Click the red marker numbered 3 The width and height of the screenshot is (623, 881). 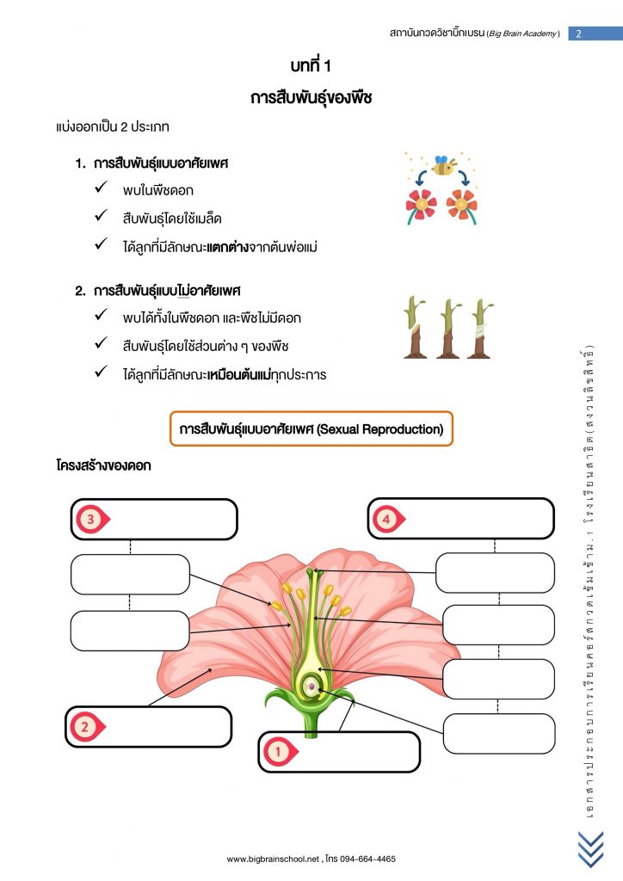[x=92, y=519]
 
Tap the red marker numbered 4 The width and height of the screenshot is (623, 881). [x=388, y=519]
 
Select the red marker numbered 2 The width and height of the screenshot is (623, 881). [x=87, y=726]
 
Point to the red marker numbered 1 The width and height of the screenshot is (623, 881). [x=280, y=751]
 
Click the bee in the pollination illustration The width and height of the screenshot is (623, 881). [x=444, y=166]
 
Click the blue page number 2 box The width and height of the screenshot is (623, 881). [x=595, y=34]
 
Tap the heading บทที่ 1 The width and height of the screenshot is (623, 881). [x=311, y=65]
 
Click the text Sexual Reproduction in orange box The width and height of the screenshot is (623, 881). [x=379, y=429]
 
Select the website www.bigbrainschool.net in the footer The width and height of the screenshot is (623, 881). [x=273, y=859]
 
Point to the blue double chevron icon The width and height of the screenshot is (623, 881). [x=590, y=849]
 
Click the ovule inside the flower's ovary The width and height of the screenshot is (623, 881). [x=311, y=686]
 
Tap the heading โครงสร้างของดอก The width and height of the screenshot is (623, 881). [x=103, y=465]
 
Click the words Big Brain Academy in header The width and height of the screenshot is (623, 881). [x=523, y=34]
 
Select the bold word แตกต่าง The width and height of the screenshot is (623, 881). [x=227, y=247]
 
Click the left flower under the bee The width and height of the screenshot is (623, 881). [x=420, y=206]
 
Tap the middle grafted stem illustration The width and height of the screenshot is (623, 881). [x=449, y=329]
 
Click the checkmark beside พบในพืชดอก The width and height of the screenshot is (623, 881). [x=102, y=187]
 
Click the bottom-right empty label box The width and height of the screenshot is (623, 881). [x=499, y=733]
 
